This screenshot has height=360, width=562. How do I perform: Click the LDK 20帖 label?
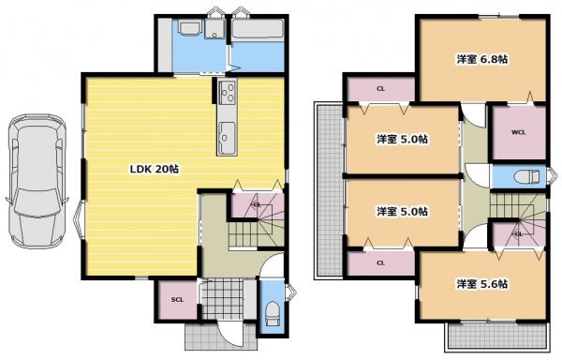click(x=155, y=169)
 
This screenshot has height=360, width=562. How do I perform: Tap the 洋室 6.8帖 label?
click(x=482, y=59)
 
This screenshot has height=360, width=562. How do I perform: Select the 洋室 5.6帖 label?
click(x=482, y=284)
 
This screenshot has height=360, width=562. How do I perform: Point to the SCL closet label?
click(x=177, y=299)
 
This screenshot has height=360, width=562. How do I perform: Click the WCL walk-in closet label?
click(x=518, y=132)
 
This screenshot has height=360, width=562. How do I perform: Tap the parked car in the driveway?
click(x=37, y=181)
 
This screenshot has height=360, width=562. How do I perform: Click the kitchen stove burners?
click(x=228, y=92)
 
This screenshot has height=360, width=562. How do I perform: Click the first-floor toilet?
click(x=272, y=313)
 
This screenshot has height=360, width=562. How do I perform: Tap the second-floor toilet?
click(x=526, y=177)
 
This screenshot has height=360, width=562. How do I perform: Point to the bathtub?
click(x=258, y=28)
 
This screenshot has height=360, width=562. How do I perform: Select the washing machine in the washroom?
click(x=214, y=29)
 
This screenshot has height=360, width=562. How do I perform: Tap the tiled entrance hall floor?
click(x=223, y=298)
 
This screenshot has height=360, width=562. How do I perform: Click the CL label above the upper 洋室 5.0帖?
click(x=381, y=88)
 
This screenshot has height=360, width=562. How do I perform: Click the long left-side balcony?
click(x=329, y=190)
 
